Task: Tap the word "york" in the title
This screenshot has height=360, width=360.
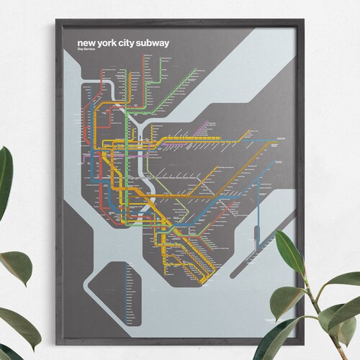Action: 112,43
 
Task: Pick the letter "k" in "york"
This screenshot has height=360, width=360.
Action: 120,43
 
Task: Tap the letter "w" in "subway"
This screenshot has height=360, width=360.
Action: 161,43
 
